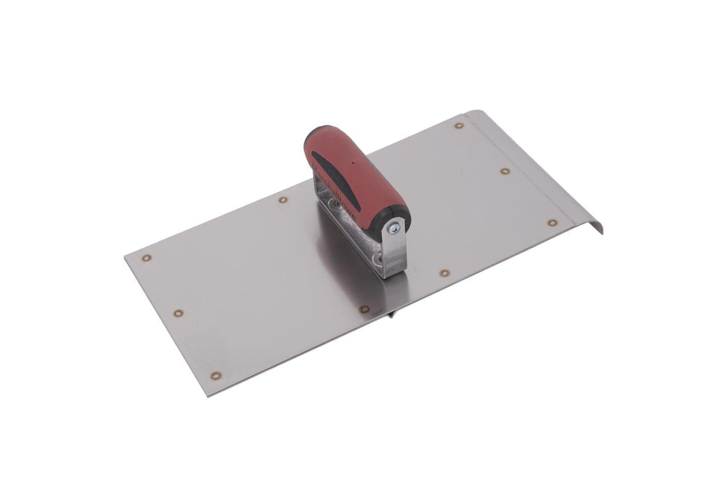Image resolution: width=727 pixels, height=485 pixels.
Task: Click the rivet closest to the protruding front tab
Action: click(362, 308)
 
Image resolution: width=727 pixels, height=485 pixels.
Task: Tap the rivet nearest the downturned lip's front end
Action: click(551, 223)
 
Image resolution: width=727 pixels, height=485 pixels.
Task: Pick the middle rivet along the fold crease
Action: click(505, 170)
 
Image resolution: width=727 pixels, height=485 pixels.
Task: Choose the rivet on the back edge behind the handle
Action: click(282, 200)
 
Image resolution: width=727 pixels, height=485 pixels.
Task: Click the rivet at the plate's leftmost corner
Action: click(146, 258)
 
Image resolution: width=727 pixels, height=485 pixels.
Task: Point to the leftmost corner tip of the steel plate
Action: click(125, 254)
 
